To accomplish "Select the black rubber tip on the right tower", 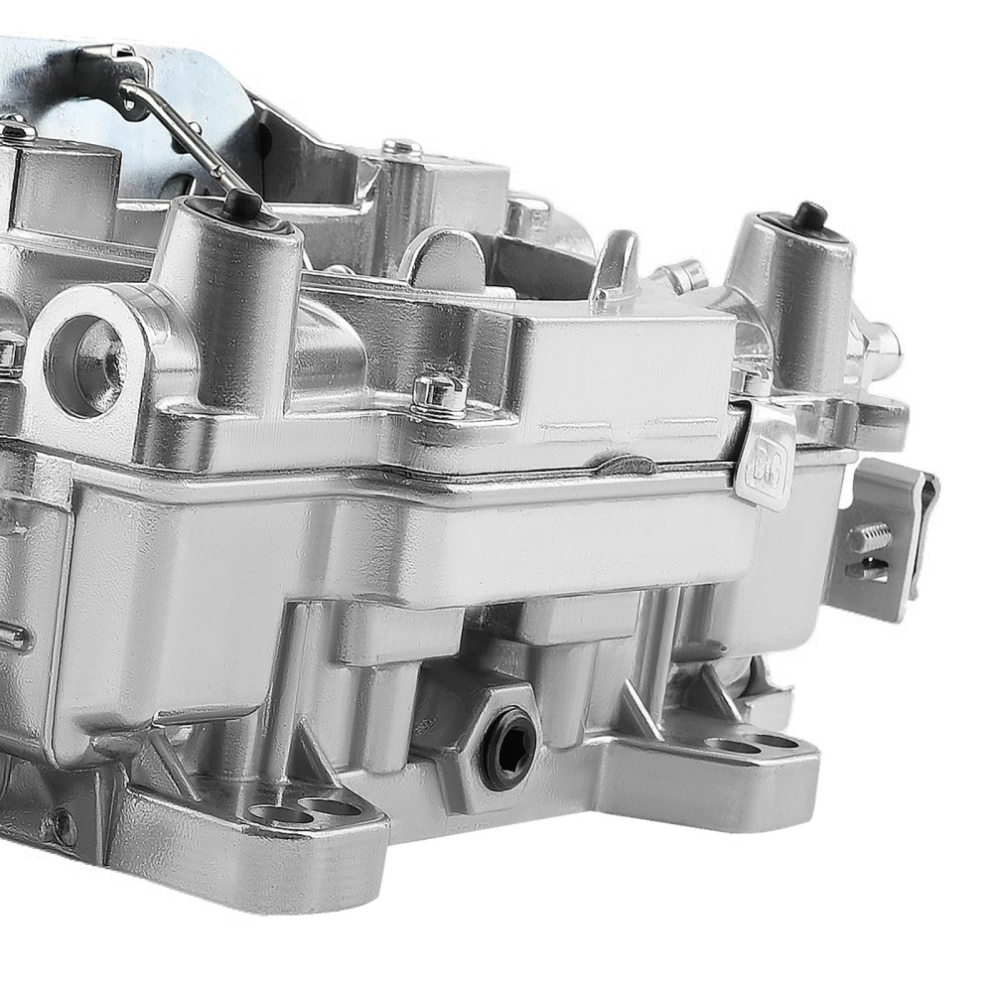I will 810,215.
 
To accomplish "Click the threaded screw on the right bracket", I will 869,537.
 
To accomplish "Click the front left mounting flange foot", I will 248,844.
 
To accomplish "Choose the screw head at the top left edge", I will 15,129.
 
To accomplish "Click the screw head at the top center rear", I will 401,148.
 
